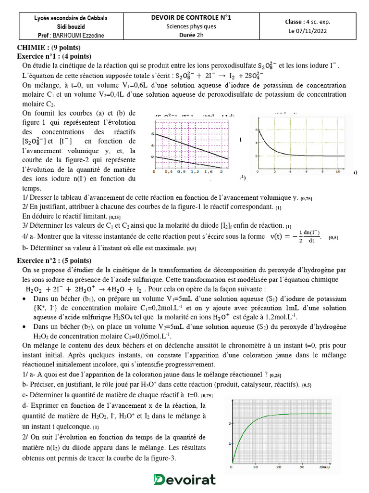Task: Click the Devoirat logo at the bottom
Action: pyautogui.click(x=184, y=480)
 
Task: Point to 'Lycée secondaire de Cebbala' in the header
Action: pyautogui.click(x=71, y=18)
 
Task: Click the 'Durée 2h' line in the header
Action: pyautogui.click(x=191, y=35)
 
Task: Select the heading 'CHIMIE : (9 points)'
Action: pyautogui.click(x=49, y=48)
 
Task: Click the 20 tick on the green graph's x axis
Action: pyautogui.click(x=279, y=467)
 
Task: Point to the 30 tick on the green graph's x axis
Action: pyautogui.click(x=302, y=467)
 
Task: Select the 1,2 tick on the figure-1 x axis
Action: pyautogui.click(x=195, y=171)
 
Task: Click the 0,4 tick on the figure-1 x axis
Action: pyautogui.click(x=168, y=171)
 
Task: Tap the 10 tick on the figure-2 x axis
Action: pyautogui.click(x=338, y=171)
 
